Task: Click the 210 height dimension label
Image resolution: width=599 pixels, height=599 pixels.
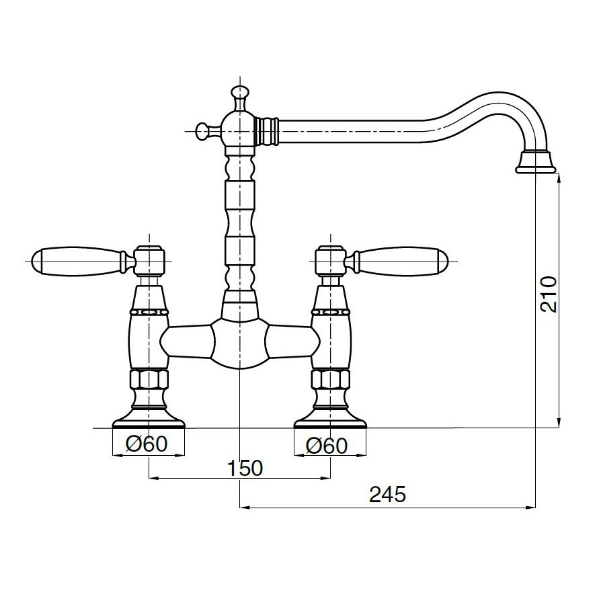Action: (x=549, y=294)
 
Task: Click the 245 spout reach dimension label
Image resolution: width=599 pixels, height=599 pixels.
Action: (x=387, y=495)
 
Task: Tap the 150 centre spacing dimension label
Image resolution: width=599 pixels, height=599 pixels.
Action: (x=245, y=468)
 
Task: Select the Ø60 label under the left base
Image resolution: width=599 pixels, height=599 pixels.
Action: (x=147, y=444)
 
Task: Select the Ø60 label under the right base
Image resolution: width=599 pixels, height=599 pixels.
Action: (x=327, y=446)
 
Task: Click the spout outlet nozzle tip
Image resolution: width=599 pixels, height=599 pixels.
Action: (x=536, y=163)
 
